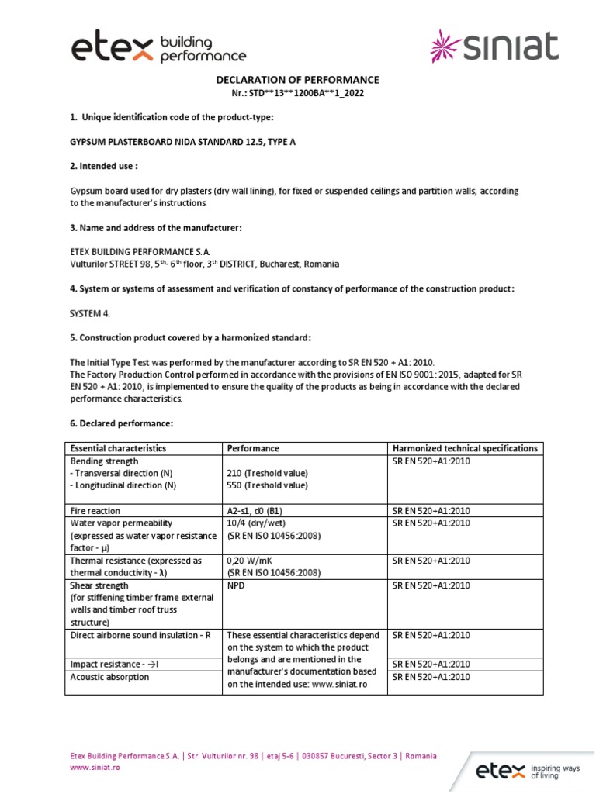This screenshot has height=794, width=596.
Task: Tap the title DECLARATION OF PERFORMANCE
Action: [x=297, y=80]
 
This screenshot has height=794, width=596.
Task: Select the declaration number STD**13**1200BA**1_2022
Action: [x=297, y=93]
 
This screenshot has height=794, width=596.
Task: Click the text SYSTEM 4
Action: [x=90, y=313]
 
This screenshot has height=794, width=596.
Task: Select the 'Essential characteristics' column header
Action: [x=118, y=448]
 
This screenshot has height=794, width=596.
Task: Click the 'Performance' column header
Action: [x=253, y=448]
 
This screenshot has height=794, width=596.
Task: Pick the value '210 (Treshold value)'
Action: [x=267, y=473]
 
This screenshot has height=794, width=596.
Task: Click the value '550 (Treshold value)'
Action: [x=267, y=485]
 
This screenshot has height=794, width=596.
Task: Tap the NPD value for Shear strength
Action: [x=236, y=585]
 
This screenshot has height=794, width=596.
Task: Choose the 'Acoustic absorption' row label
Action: [x=109, y=677]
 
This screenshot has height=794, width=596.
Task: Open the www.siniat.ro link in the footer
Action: [x=95, y=767]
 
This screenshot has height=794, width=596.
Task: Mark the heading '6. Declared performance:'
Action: [x=122, y=423]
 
